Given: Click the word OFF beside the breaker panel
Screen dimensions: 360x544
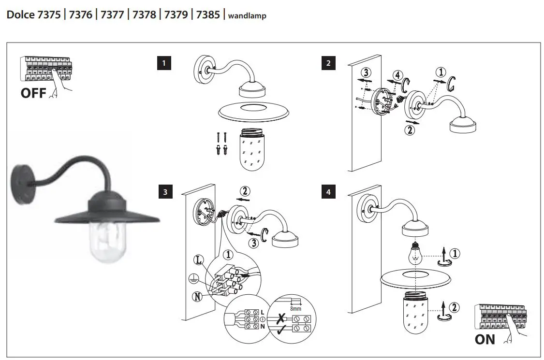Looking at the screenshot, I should (33, 93).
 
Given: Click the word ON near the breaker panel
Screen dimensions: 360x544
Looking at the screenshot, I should (485, 339).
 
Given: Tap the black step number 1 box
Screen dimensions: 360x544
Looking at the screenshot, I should (165, 63).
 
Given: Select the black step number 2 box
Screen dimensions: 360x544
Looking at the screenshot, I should (329, 63).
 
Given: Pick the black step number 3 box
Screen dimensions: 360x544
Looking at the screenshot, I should (165, 192).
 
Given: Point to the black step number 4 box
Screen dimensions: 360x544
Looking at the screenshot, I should (329, 192).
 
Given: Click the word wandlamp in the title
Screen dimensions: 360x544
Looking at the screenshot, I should (247, 15).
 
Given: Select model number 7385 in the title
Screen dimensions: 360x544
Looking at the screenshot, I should (208, 15).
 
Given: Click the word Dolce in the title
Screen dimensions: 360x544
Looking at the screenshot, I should (20, 15).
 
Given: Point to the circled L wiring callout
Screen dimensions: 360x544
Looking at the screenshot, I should (198, 260).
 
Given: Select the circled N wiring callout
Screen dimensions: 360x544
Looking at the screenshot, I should (197, 296).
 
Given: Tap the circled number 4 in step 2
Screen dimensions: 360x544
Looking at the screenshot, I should (397, 75).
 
